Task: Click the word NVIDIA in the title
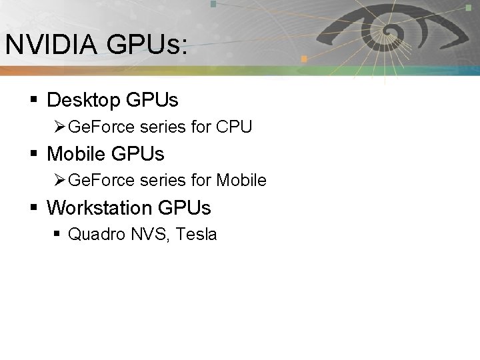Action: coord(49,45)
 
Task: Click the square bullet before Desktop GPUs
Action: coord(33,101)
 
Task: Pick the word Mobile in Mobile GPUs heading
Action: coord(76,154)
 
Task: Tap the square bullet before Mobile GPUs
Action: coord(33,155)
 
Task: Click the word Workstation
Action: coord(100,208)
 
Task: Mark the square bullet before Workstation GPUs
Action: coord(33,209)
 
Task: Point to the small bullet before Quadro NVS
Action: coord(59,235)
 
